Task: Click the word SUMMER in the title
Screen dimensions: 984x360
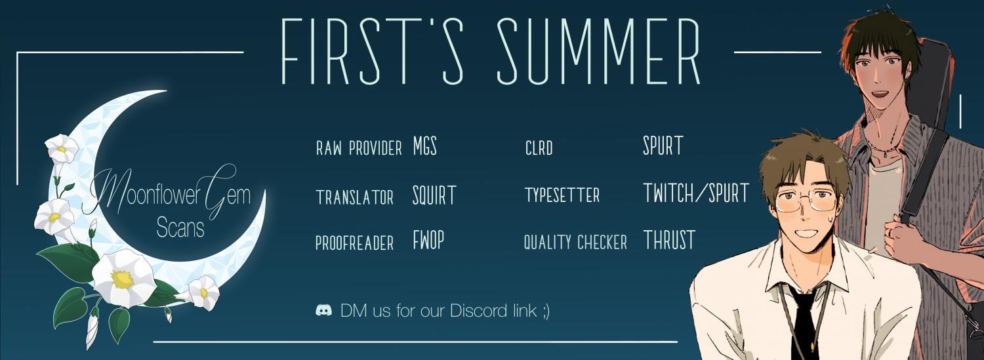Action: (x=598, y=51)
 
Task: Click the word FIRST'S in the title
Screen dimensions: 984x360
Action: (x=372, y=51)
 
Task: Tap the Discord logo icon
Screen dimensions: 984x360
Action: (x=324, y=310)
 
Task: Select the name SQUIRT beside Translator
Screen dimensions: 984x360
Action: (x=434, y=195)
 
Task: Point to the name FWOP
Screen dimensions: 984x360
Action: (x=428, y=240)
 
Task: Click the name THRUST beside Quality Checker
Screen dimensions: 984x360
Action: (x=669, y=240)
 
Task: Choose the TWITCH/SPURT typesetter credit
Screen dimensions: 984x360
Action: (x=696, y=193)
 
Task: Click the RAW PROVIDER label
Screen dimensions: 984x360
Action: (x=359, y=148)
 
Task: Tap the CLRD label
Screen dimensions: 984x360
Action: (x=539, y=148)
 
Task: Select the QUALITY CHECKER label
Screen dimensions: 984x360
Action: (x=575, y=243)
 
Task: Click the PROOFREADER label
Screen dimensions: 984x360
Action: (x=354, y=243)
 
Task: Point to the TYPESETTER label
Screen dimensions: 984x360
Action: (x=562, y=195)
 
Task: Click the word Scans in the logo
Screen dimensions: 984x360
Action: (x=180, y=228)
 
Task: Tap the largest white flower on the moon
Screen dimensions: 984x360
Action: (x=124, y=277)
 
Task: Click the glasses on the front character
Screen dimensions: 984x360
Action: (x=806, y=201)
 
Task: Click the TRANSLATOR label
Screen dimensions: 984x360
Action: (x=354, y=197)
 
